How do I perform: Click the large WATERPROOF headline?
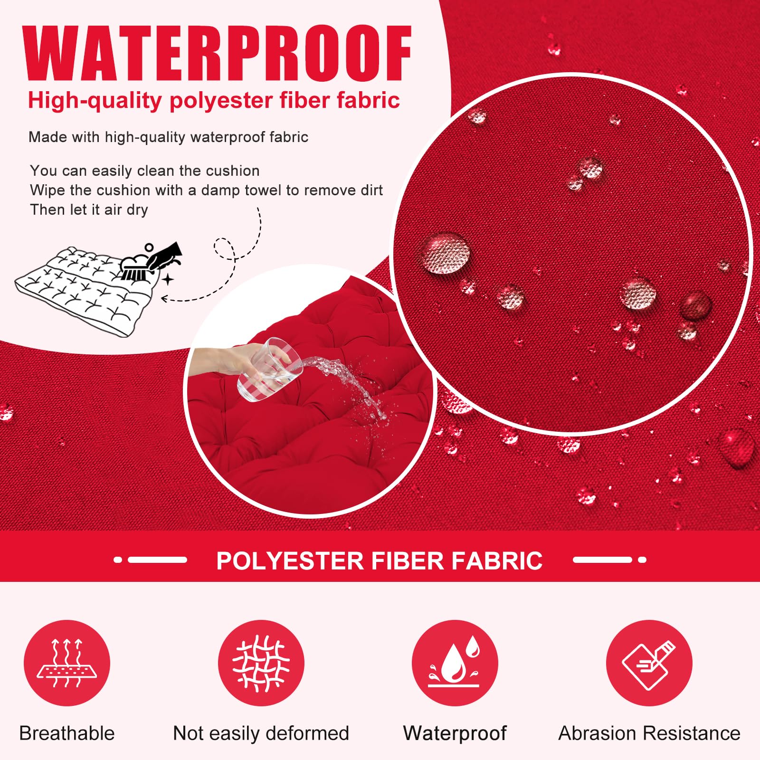pos(218,53)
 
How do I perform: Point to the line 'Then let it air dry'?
pos(89,209)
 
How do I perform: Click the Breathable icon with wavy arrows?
pos(67,663)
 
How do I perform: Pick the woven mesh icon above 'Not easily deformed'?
pos(261,663)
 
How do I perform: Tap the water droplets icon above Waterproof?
pos(455,663)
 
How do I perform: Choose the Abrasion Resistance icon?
pos(649,663)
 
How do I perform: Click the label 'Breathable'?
pos(67,733)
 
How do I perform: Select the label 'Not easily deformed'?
pos(261,733)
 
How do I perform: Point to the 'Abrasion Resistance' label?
pos(649,733)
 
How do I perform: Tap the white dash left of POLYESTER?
pos(157,560)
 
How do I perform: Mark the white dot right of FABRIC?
pos(642,560)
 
